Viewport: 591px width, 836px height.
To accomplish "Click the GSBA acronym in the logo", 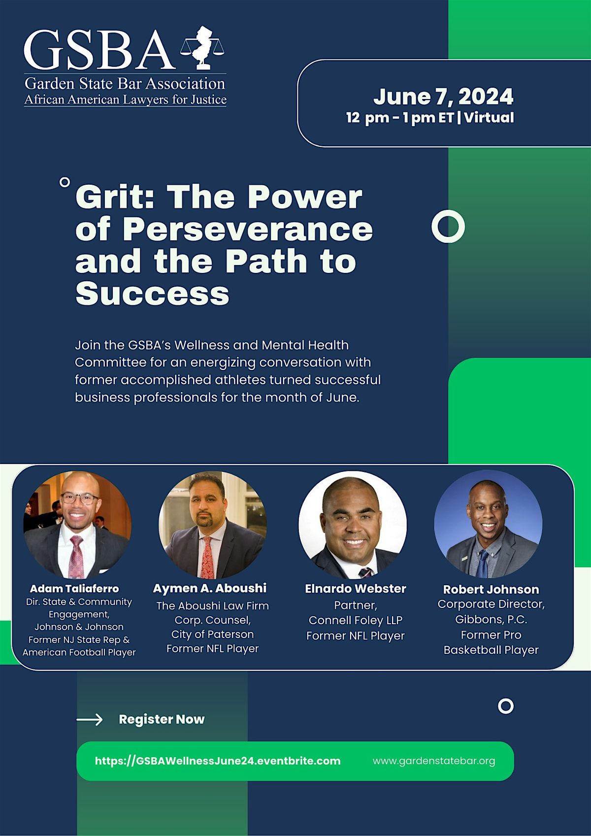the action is coord(99,49).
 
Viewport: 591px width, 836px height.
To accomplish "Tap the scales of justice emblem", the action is coord(202,47).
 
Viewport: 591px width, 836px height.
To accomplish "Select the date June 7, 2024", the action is coord(443,97).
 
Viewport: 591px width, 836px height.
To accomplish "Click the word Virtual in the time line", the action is coord(489,118).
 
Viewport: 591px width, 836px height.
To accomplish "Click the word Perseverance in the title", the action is coord(248,229).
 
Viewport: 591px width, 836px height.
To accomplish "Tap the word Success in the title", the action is coord(152,293).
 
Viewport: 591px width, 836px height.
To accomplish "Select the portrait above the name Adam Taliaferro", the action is coord(78,525).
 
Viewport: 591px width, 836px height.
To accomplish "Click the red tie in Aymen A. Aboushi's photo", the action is coord(207,558).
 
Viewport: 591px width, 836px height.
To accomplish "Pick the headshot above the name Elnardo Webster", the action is coord(353,525).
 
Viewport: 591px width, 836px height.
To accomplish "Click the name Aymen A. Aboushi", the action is coord(210,588).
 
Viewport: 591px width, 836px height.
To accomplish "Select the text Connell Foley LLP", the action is coord(356,620).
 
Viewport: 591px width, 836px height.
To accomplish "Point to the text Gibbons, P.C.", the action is coord(491,620).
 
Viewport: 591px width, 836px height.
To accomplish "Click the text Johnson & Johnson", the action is coord(79,627).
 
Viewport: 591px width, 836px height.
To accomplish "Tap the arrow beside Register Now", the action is coord(90,720).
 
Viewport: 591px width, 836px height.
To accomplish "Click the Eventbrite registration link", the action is coord(218,761).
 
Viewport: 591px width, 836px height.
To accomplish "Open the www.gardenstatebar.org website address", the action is coord(434,761).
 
